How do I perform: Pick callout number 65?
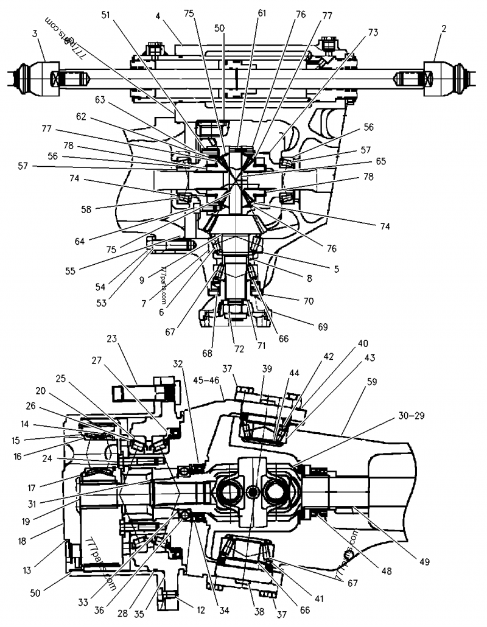(380, 162)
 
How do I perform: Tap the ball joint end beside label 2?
(450, 79)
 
